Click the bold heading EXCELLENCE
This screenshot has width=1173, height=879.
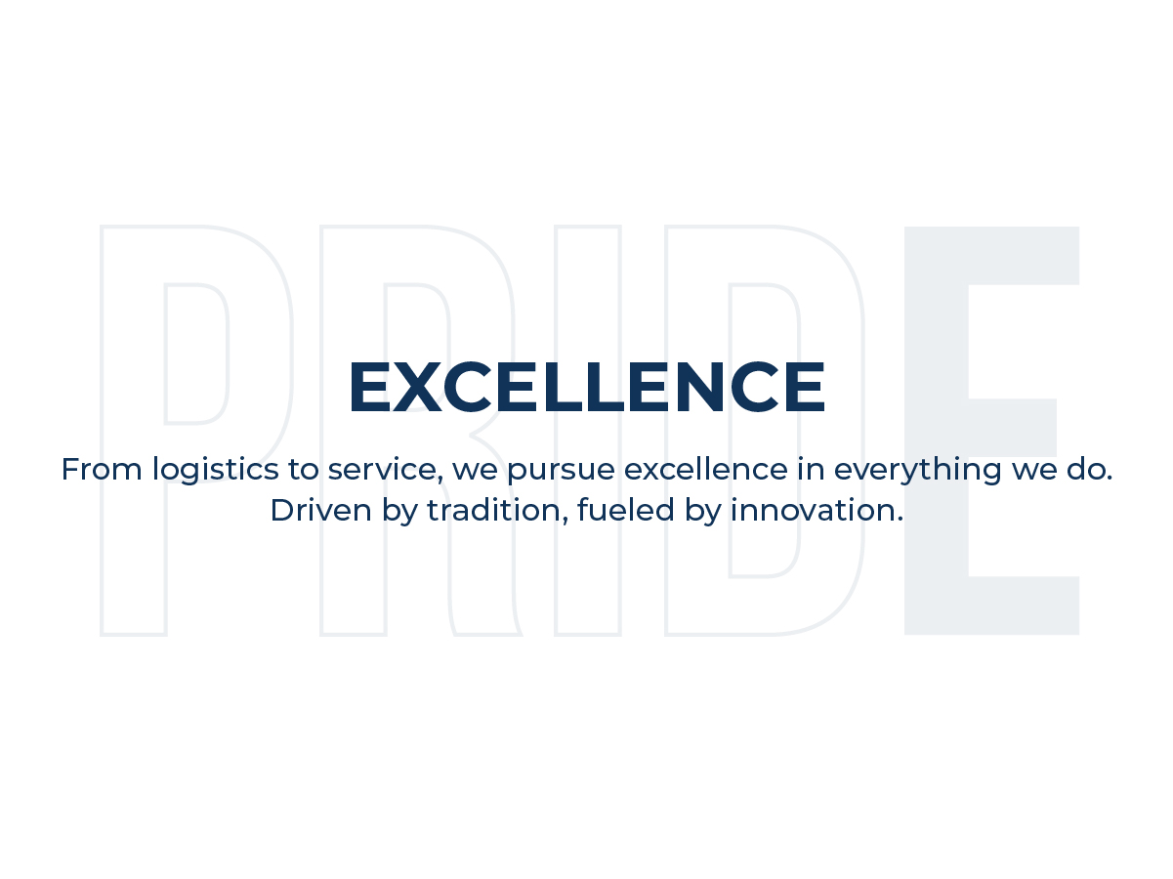[586, 388]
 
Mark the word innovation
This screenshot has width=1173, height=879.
[815, 510]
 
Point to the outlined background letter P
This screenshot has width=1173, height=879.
[133, 488]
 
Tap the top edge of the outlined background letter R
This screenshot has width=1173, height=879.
[391, 227]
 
